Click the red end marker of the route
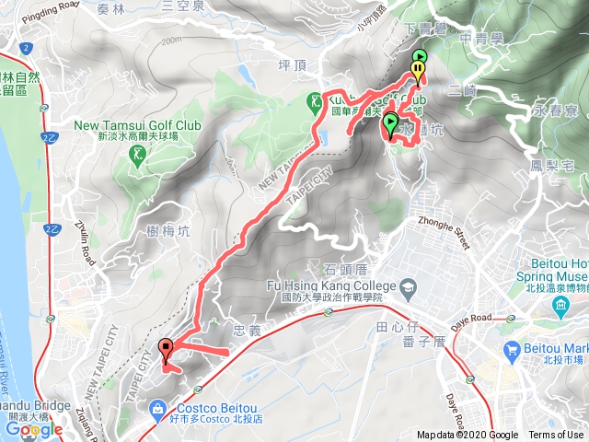[x=166, y=349]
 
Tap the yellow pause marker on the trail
[x=419, y=68]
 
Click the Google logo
[x=33, y=429]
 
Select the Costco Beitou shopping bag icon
[x=157, y=407]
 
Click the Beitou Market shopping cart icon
[x=512, y=349]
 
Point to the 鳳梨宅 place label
[x=553, y=166]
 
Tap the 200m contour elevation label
[x=170, y=41]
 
